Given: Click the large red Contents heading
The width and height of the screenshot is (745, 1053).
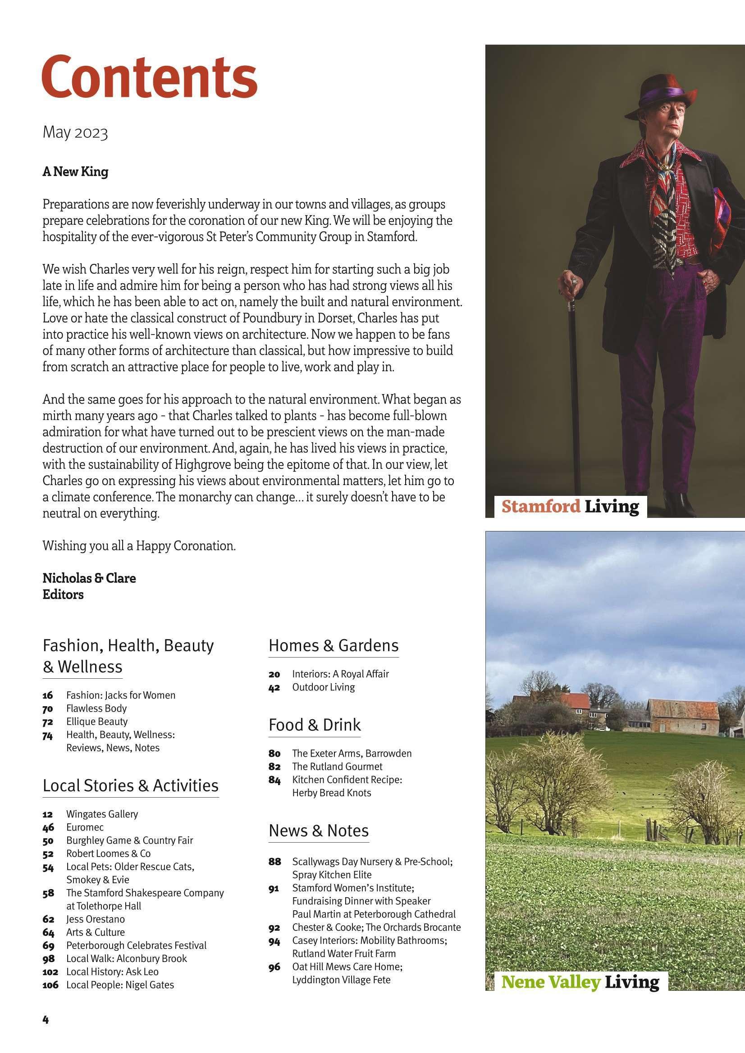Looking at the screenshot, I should (150, 77).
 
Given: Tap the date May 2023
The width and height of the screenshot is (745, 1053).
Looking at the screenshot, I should (75, 133).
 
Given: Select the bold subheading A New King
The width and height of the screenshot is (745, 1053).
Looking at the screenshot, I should (75, 172).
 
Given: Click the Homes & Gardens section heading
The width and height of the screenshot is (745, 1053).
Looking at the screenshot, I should (333, 645).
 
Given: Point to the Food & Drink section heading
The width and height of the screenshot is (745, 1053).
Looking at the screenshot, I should (315, 725).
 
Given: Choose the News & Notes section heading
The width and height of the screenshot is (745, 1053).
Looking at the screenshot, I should (319, 831).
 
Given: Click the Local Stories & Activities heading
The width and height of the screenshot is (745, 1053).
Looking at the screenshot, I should (130, 785).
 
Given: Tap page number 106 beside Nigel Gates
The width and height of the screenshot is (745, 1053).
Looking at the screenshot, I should (50, 985).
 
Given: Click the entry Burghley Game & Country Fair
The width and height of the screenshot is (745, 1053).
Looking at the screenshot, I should (129, 841).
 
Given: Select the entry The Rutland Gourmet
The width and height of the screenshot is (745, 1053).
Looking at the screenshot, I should (337, 767).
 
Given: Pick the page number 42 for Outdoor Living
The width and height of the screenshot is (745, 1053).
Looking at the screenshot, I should (274, 687).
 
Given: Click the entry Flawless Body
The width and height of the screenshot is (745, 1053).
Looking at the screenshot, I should (96, 708).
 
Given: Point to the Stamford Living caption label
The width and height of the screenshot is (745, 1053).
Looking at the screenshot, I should (570, 507).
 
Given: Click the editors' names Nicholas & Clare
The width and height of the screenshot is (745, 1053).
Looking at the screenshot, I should (89, 578).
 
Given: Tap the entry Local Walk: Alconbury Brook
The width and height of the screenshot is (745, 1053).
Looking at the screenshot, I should (126, 958).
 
